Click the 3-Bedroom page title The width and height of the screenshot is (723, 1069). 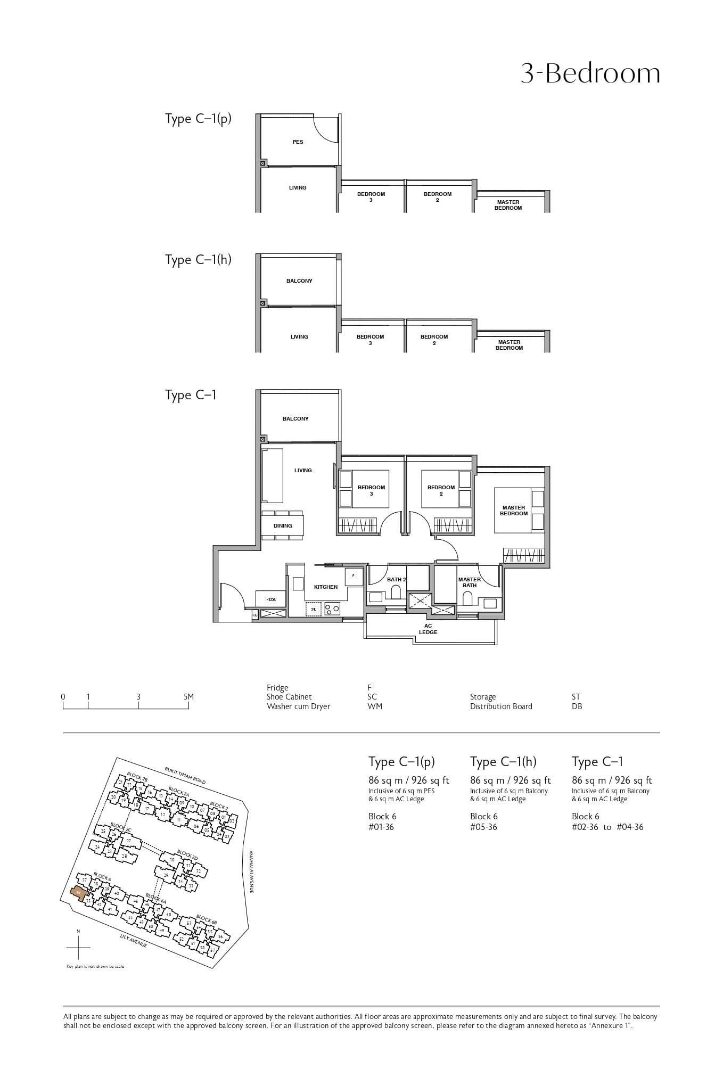click(590, 73)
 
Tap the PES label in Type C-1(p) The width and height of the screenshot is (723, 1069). click(298, 142)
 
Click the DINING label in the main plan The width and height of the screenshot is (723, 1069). click(283, 526)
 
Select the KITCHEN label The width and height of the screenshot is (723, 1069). click(325, 587)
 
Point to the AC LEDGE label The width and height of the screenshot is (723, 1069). click(428, 629)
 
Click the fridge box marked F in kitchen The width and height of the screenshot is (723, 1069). click(354, 577)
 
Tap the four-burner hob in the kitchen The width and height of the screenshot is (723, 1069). click(333, 608)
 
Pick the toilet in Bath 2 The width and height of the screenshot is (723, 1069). click(396, 592)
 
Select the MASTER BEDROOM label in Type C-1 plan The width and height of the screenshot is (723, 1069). click(513, 511)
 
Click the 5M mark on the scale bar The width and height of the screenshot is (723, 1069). click(188, 697)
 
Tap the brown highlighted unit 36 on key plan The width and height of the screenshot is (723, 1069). click(78, 892)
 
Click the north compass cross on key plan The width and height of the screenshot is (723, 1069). click(78, 948)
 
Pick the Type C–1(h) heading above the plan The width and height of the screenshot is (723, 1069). click(198, 260)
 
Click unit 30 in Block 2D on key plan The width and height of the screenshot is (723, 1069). click(171, 860)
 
